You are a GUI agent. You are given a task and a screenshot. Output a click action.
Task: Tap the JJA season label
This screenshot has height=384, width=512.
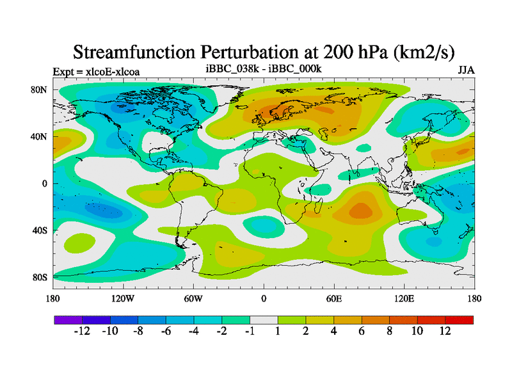coord(466,70)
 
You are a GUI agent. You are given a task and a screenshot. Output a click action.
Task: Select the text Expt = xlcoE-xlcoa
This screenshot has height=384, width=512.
coord(96,72)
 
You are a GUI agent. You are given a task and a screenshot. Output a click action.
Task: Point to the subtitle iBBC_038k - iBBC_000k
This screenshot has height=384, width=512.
coord(263,68)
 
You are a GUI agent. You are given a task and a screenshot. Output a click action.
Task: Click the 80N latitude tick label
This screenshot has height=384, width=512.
coord(40,90)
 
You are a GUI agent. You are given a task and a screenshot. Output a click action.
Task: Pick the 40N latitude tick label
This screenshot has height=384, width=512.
coord(40,136)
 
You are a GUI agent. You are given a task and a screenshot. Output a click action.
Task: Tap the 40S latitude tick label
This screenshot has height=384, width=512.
coord(40,230)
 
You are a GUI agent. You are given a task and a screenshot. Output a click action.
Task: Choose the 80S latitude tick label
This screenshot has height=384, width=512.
coord(40,277)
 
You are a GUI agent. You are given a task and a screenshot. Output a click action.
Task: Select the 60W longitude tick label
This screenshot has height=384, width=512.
coord(193,298)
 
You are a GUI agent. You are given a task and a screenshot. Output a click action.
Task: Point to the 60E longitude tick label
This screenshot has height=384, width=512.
coord(334,298)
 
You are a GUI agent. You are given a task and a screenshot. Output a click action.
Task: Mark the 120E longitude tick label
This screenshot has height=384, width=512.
coord(404,298)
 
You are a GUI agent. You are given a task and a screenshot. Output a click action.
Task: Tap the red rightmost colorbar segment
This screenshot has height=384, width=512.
coord(460,319)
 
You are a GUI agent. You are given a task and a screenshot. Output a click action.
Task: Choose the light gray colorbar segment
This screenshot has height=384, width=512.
coord(264,319)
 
